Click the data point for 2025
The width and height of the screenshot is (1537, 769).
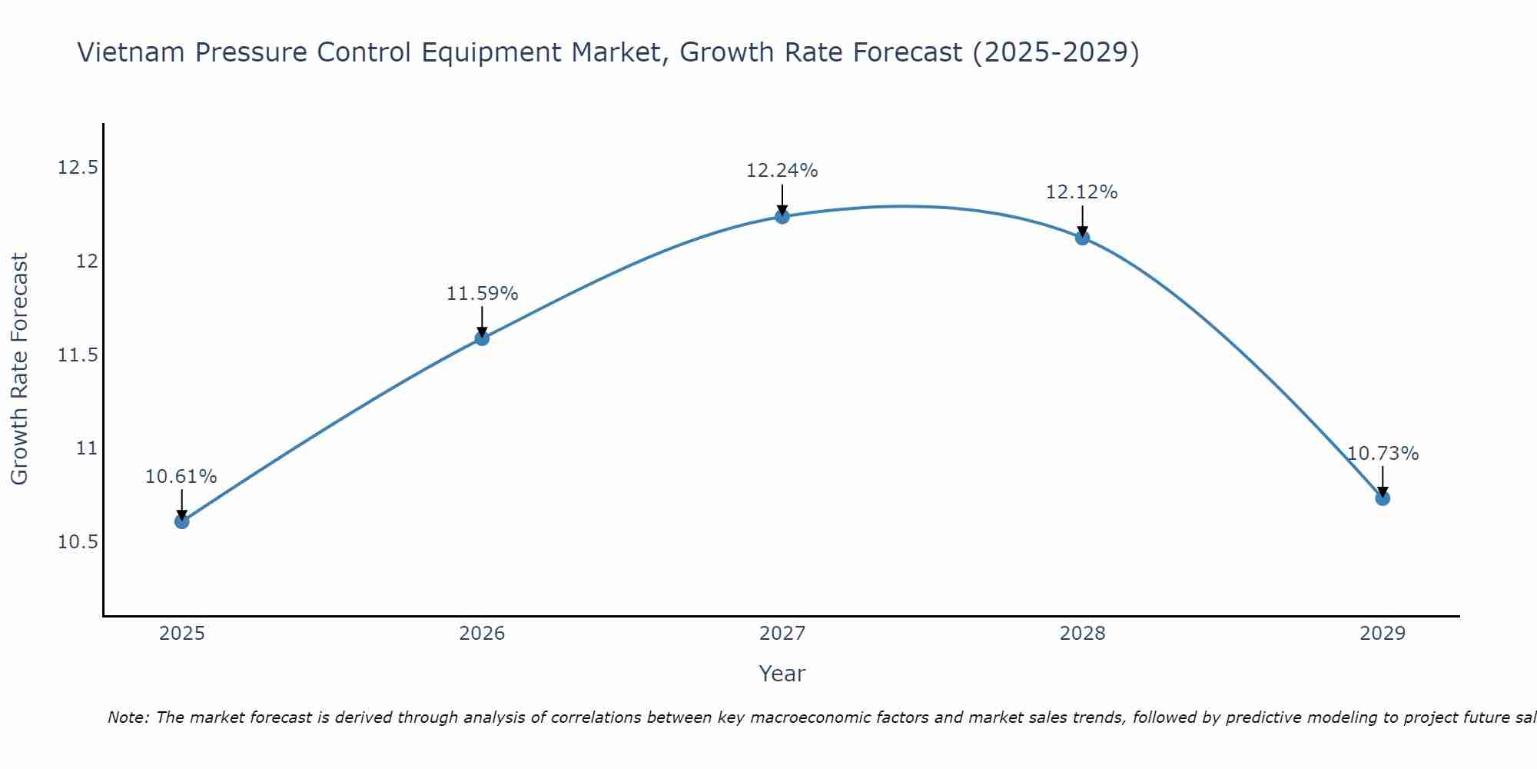[x=181, y=521]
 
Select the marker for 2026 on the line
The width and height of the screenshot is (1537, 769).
[x=482, y=338]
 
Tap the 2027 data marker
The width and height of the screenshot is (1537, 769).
[x=782, y=216]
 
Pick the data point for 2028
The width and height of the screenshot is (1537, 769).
[x=1082, y=238]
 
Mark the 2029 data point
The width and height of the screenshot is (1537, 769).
[x=1383, y=498]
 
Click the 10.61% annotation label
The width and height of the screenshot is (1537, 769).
[x=181, y=477]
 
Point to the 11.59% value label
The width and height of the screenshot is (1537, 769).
[x=482, y=294]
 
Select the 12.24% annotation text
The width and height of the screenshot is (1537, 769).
[x=782, y=171]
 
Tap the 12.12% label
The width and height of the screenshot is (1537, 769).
[x=1082, y=192]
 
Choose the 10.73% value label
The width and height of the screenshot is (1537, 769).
[x=1383, y=454]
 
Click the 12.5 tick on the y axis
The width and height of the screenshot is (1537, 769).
[x=78, y=168]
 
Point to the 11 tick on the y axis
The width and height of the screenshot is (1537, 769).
[x=88, y=448]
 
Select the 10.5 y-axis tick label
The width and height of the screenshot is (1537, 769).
[x=78, y=542]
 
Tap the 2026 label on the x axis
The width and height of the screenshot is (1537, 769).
[x=482, y=634]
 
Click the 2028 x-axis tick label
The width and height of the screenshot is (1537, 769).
[x=1082, y=634]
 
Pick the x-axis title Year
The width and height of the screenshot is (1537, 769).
[x=782, y=674]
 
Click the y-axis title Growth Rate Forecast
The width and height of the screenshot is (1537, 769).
[x=19, y=369]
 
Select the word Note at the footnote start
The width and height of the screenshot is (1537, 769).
[x=128, y=717]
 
